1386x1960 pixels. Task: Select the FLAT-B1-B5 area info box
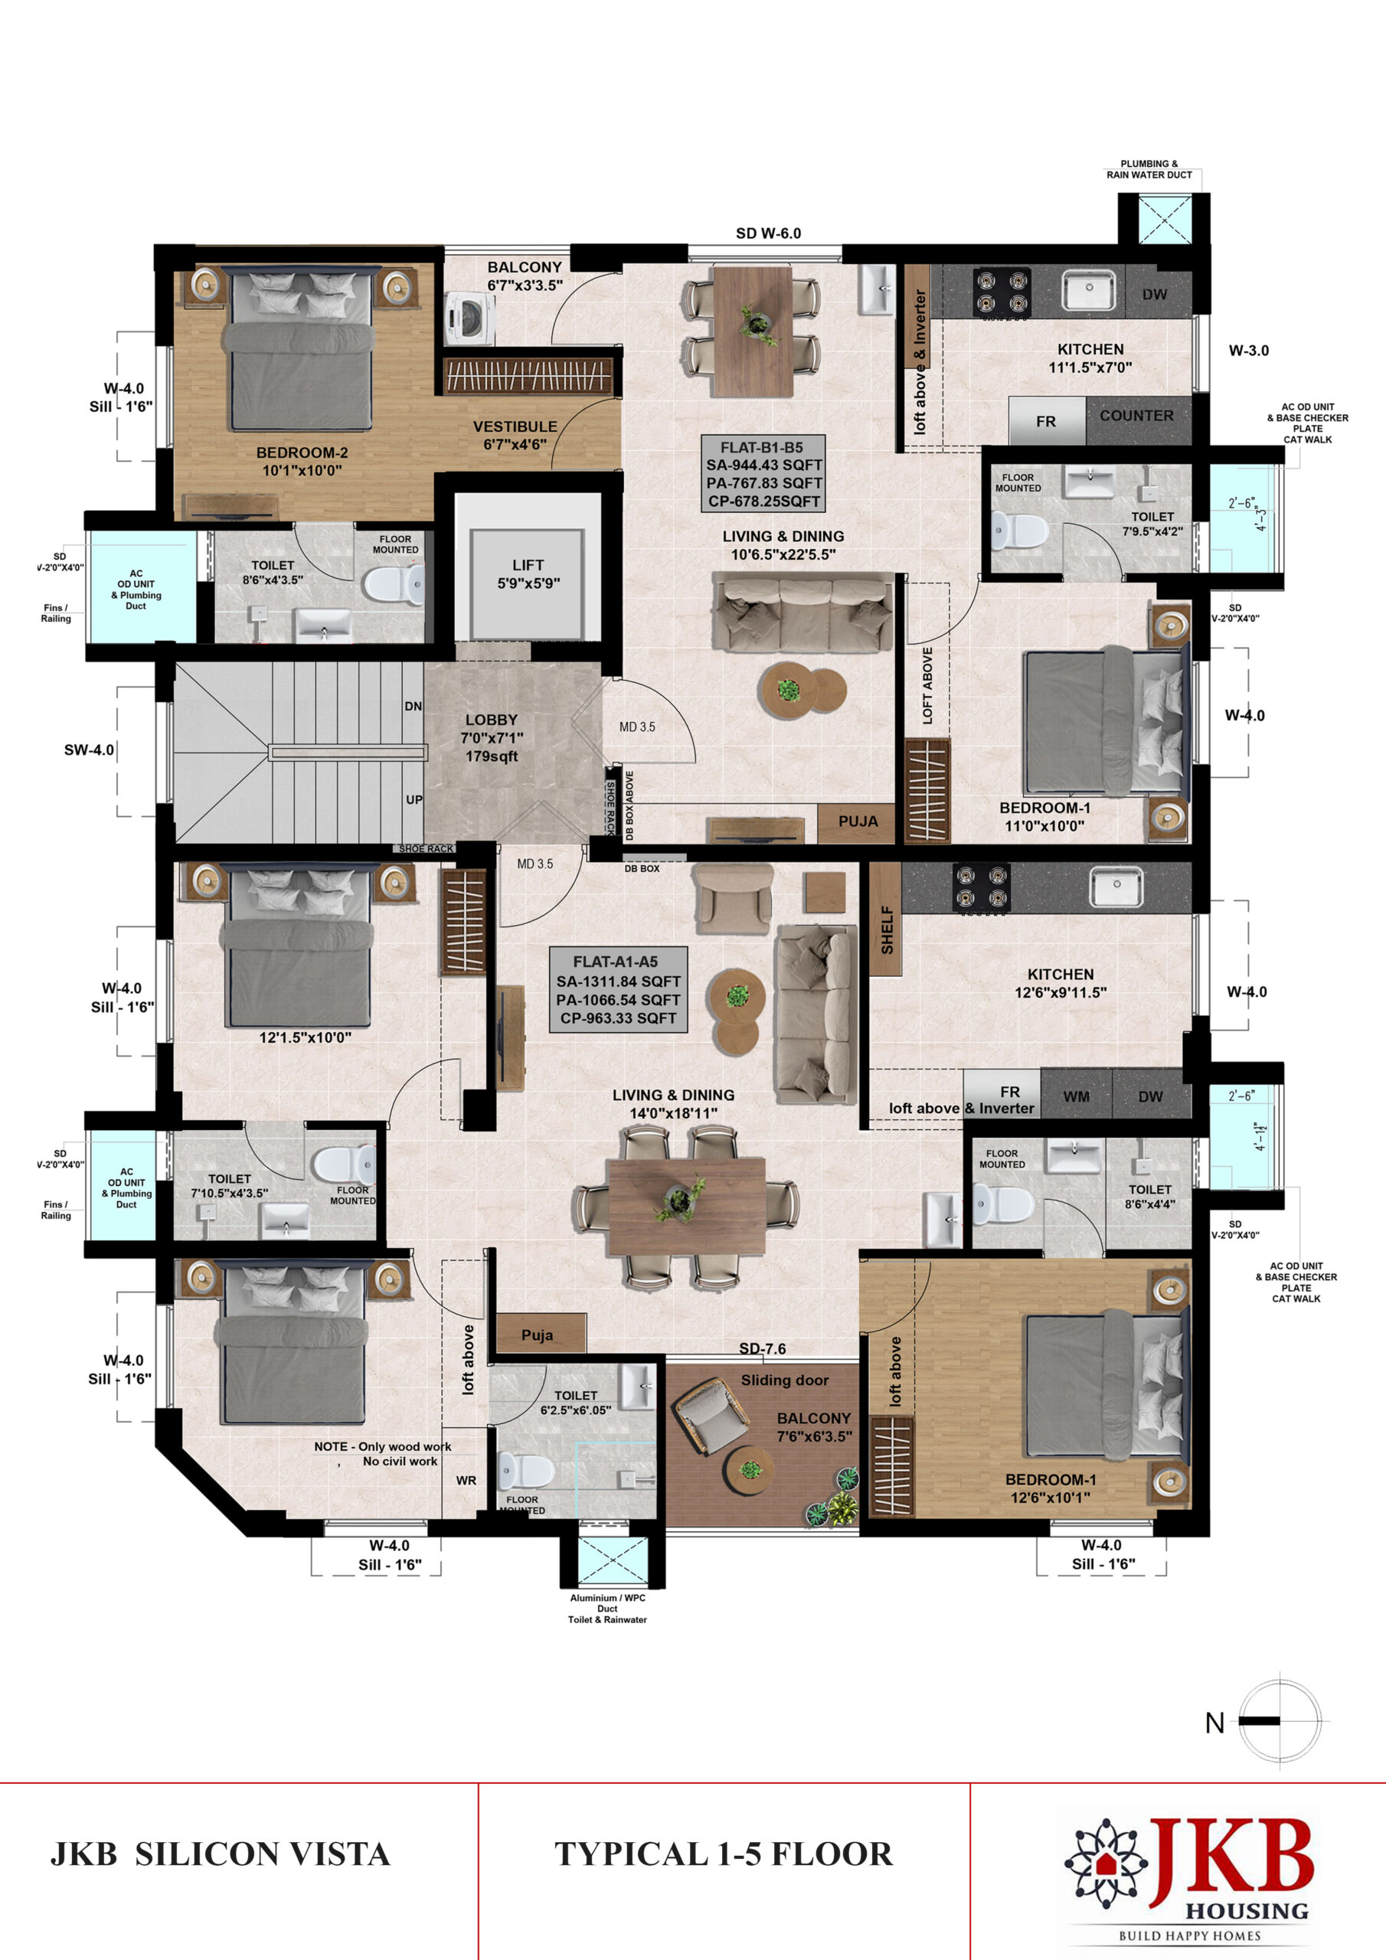pos(763,474)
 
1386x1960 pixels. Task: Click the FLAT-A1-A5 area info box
pos(618,989)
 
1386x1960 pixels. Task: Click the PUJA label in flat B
pos(858,822)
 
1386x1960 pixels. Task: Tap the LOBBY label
pos(491,720)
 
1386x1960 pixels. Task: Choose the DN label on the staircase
pos(414,706)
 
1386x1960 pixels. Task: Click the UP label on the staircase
pos(414,800)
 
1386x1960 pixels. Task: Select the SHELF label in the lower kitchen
pos(887,929)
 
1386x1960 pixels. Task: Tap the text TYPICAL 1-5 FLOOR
pos(724,1854)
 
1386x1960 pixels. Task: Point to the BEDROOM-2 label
pos(302,452)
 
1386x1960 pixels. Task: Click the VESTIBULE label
pos(515,426)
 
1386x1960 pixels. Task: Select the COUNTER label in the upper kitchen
pos(1136,416)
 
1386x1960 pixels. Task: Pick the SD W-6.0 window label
pos(769,233)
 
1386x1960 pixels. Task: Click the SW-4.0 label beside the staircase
pos(89,750)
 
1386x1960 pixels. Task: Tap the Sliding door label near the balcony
pos(785,1380)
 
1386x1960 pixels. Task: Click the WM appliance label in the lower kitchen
pos(1076,1096)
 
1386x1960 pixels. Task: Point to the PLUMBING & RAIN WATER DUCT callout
pos(1149,169)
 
